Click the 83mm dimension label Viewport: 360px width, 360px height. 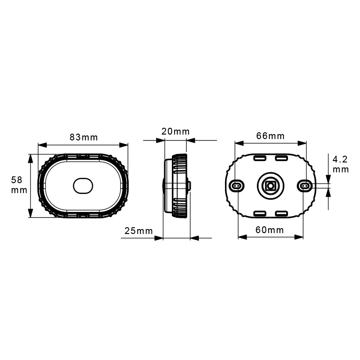click(x=83, y=137)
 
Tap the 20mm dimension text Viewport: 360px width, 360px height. click(x=175, y=131)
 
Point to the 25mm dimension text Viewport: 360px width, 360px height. click(x=139, y=231)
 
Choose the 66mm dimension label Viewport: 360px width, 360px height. click(x=270, y=135)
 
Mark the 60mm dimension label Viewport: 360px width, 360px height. click(x=270, y=230)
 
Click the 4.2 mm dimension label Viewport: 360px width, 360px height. click(x=340, y=164)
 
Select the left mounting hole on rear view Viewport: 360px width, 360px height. click(x=236, y=185)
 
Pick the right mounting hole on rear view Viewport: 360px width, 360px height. click(x=304, y=185)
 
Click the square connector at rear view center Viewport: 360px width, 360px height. click(x=270, y=185)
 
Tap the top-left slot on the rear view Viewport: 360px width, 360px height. click(x=260, y=158)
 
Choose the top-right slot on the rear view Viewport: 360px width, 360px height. click(x=281, y=158)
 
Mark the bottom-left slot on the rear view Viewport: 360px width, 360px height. click(x=260, y=213)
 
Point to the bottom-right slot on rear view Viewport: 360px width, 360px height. click(x=281, y=213)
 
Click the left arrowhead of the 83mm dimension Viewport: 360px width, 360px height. click(x=42, y=145)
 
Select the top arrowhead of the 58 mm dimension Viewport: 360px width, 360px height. click(x=30, y=158)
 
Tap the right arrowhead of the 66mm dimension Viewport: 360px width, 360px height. click(x=302, y=144)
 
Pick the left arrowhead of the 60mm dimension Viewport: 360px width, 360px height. click(x=242, y=238)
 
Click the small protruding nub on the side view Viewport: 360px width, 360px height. click(x=189, y=185)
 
